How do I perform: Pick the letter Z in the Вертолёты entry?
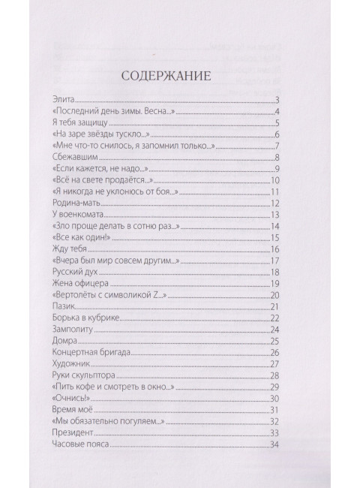click(178, 295)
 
